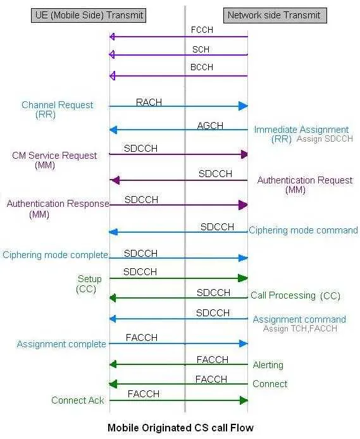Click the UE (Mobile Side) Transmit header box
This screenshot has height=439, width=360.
point(89,15)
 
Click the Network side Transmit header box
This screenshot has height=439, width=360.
point(275,15)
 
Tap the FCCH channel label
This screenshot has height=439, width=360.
point(202,30)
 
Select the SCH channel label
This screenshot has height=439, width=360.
point(201,49)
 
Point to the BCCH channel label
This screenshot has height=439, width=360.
point(202,67)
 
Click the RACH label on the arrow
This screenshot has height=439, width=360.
point(149,102)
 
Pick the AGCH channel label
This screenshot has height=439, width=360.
point(210,126)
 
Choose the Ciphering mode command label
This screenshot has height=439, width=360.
point(303,230)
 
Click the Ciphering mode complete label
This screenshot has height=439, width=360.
point(55,255)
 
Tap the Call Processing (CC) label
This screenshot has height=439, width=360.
point(295,295)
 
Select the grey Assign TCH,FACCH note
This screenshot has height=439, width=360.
point(300,328)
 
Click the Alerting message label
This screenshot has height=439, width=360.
point(268,365)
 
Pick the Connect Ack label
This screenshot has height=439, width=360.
point(78,400)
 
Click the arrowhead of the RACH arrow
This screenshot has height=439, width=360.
point(243,106)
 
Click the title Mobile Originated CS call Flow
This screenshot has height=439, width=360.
point(180,428)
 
